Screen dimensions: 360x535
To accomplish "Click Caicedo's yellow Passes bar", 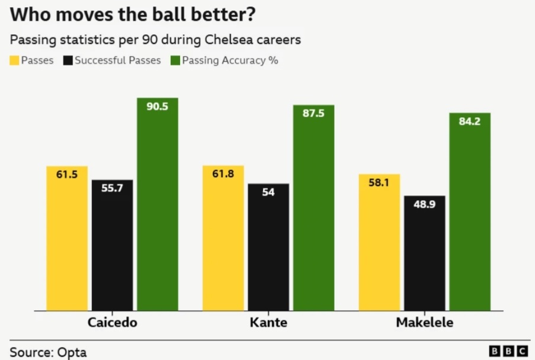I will click(67, 238).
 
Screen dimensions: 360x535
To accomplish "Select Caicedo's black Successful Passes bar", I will click(112, 245).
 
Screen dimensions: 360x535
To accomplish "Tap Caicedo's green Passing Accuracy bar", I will click(157, 204).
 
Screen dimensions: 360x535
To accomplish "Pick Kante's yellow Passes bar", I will click(223, 238).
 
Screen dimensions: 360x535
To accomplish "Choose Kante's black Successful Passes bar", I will click(268, 247).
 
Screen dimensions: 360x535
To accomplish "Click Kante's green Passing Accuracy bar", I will click(313, 208).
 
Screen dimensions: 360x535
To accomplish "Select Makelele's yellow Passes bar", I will click(379, 242).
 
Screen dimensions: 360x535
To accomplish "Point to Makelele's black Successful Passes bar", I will click(424, 253).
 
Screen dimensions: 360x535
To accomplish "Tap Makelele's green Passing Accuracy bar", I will click(469, 211).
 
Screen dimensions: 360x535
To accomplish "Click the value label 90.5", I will click(157, 107).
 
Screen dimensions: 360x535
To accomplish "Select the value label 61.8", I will click(223, 175).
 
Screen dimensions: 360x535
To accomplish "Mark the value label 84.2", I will click(469, 122).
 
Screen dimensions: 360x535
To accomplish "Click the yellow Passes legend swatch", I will click(14, 60).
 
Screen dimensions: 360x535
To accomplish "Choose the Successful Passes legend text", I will click(117, 60).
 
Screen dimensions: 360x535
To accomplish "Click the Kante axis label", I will click(268, 323).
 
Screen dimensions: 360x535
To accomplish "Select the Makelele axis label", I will click(424, 323).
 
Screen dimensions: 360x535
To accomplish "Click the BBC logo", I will click(508, 351).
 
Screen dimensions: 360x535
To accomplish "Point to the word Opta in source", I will click(72, 352).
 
